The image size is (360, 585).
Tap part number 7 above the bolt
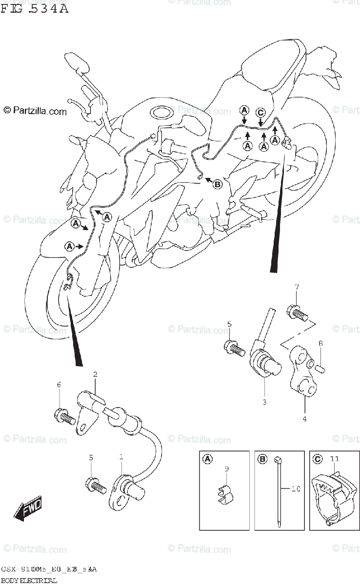[x=296, y=288]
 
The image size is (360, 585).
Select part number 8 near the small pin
[x=320, y=344]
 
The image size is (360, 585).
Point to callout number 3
[x=264, y=402]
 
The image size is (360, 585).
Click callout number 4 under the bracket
[x=304, y=418]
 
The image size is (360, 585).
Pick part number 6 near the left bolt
[x=59, y=385]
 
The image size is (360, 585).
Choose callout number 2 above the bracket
[x=95, y=374]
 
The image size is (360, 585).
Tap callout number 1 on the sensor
[x=121, y=457]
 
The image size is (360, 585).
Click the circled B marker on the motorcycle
[x=218, y=184]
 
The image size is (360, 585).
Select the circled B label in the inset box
[x=262, y=459]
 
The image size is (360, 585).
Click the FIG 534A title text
[x=34, y=9]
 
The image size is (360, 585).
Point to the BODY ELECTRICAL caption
[x=29, y=580]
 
